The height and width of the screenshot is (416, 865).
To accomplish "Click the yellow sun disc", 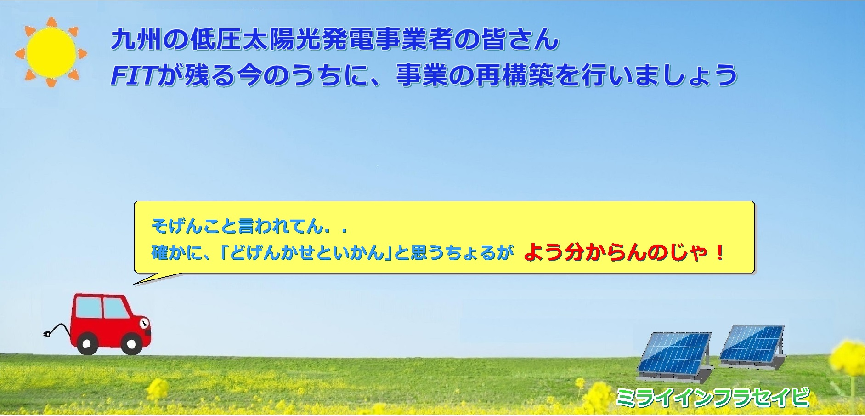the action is (x=51, y=51).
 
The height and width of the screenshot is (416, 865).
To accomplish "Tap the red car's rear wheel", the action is (x=87, y=343).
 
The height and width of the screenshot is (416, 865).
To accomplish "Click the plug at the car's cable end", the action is (x=47, y=335).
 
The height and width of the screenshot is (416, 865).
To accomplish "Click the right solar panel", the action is (x=752, y=345).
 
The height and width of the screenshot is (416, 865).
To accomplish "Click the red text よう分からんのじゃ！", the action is (x=624, y=252).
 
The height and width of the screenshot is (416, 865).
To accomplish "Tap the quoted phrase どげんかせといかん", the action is (x=306, y=253).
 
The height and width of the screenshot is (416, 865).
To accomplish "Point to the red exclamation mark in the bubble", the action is (x=719, y=252).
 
